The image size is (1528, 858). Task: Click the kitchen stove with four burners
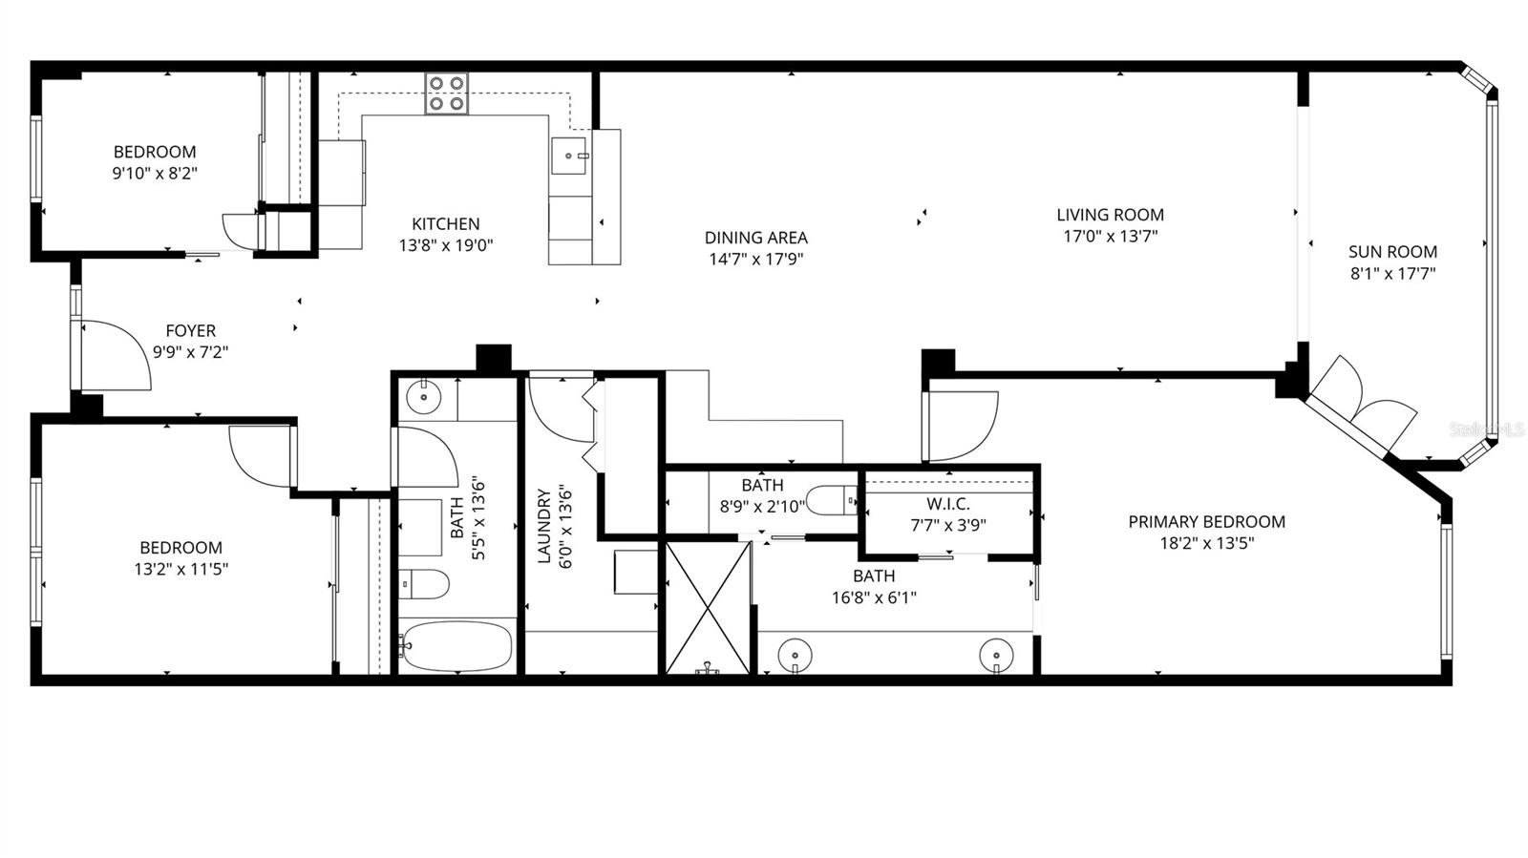[x=446, y=94]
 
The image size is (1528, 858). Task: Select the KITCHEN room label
[x=445, y=224]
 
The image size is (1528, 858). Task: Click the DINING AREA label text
[x=755, y=238]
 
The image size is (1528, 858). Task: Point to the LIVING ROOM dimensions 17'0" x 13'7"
[x=1110, y=236]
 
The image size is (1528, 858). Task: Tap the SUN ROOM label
[x=1392, y=252]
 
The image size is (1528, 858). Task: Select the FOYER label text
[x=190, y=331]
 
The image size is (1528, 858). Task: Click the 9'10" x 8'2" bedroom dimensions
[x=155, y=174]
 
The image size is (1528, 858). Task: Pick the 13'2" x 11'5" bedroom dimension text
[x=180, y=570]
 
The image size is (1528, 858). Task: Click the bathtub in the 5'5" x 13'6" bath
[x=456, y=646]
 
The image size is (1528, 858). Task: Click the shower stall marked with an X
[x=707, y=607]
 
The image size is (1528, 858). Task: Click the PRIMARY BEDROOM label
[x=1206, y=522]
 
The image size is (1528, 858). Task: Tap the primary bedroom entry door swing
[x=960, y=424]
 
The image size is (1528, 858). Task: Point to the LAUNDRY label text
[x=544, y=526]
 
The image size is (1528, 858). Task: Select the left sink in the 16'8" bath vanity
[x=795, y=656]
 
